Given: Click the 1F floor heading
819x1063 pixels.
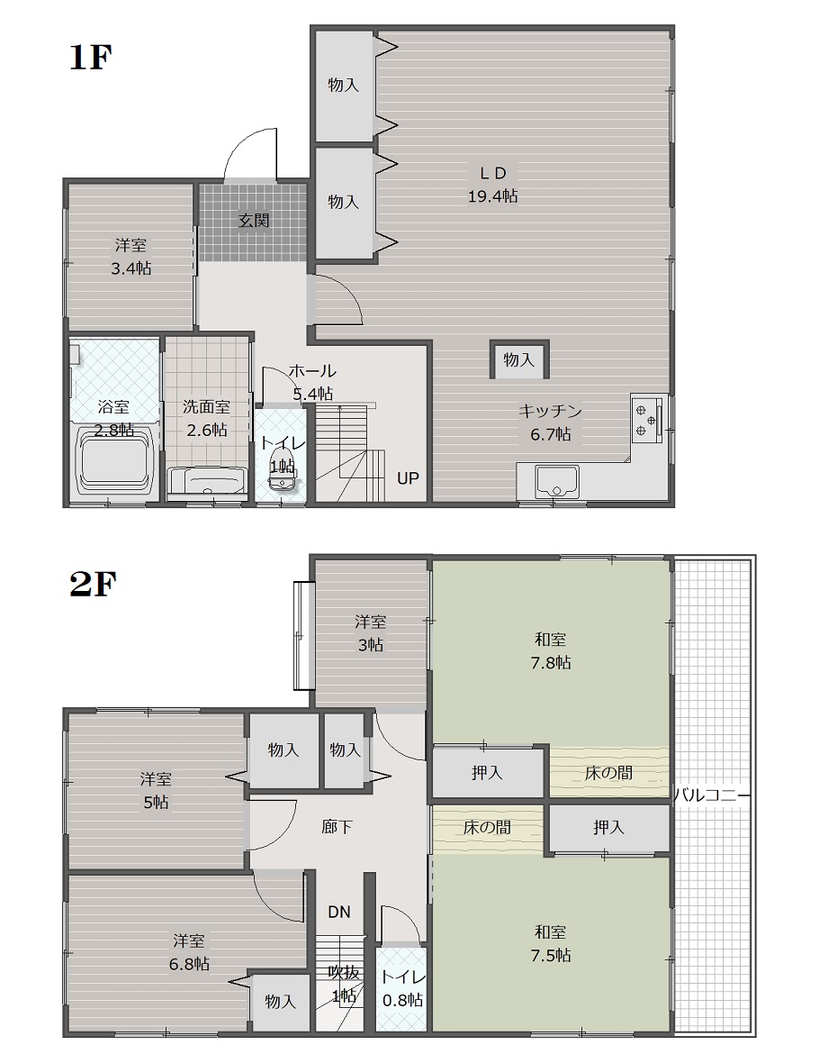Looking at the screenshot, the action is point(90,58).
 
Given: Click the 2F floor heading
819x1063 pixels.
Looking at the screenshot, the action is point(93,585).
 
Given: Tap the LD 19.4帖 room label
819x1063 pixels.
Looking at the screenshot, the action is point(492,185).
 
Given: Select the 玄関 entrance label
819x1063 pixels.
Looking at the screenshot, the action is point(254,221).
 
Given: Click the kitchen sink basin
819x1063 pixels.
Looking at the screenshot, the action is point(557,481).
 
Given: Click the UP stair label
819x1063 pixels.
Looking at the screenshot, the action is point(408,478).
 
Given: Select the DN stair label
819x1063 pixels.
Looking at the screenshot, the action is point(338,912).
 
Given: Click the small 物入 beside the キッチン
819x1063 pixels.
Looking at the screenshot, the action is point(519,359).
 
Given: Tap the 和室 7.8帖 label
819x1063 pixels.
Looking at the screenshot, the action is point(550,650).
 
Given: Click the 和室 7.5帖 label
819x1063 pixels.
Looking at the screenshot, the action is point(550,944).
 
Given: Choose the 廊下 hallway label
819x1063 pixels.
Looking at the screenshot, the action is point(337,826).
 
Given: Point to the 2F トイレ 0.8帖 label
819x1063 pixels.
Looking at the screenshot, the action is point(402,988).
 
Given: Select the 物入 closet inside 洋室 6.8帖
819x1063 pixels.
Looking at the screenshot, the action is point(280,1002).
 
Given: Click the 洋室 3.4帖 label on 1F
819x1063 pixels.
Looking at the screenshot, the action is point(130,256).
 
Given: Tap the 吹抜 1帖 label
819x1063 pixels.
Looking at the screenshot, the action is point(344,984).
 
